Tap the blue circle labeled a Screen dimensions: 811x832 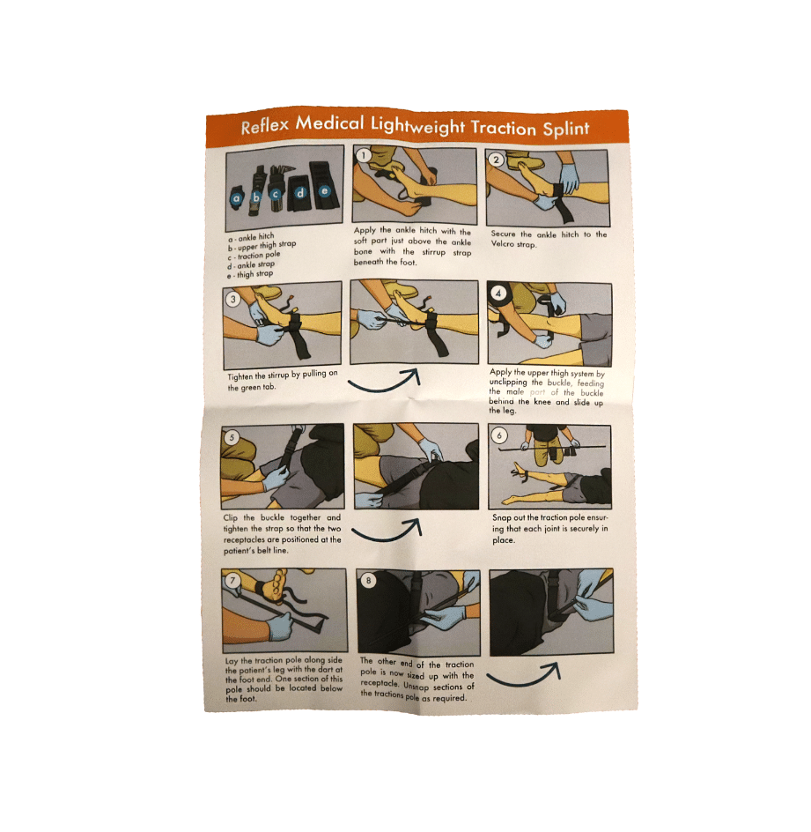236,198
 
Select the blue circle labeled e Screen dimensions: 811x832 324,191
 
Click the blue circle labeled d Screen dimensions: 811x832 300,193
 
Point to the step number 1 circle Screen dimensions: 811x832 364,155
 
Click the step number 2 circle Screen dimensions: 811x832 496,160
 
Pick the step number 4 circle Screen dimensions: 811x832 498,293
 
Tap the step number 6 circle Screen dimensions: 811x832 498,435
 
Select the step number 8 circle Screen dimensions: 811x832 369,581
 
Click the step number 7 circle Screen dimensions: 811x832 232,581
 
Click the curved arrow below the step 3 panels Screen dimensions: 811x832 384,387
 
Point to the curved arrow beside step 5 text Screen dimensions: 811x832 387,536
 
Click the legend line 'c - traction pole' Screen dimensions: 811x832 254,256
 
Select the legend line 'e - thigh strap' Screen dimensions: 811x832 250,275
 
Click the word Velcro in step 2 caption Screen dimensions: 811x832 503,244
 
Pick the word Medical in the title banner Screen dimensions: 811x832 329,123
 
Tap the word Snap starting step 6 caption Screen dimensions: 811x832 501,517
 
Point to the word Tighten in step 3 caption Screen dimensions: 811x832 240,376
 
